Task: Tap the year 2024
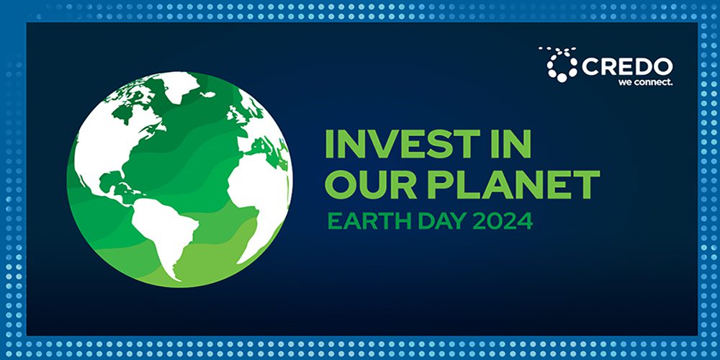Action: click(503, 220)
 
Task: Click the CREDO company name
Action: click(626, 66)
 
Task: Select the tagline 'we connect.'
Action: click(644, 82)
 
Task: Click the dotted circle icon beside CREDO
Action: click(560, 63)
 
